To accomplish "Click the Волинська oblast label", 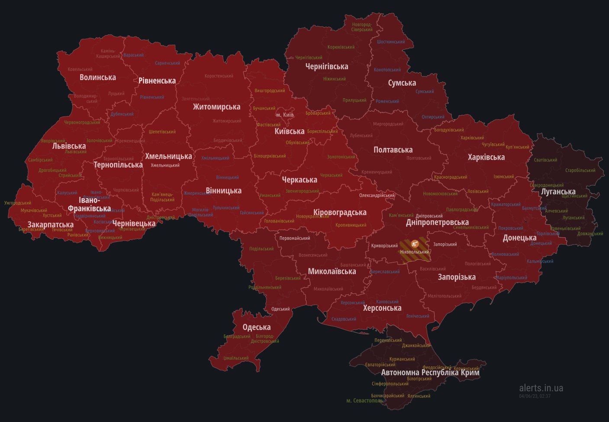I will [97, 77].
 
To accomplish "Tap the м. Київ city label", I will [285, 115].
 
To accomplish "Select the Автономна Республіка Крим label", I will [430, 372].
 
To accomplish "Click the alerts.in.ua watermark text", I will [541, 388].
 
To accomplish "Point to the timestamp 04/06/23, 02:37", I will [535, 396].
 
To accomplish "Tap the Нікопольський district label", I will [415, 252].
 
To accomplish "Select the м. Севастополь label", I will [365, 401].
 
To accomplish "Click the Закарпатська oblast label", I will [50, 225].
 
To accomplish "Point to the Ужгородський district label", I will [18, 203].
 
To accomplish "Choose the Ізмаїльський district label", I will [236, 358].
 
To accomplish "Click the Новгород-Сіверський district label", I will [362, 27].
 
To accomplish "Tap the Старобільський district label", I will [580, 171].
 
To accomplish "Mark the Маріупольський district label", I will [511, 278].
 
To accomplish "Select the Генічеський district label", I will [418, 316].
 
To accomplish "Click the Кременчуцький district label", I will [377, 172].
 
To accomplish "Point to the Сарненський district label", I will [168, 63].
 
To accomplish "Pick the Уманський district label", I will [270, 195].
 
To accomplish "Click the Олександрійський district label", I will [377, 196].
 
